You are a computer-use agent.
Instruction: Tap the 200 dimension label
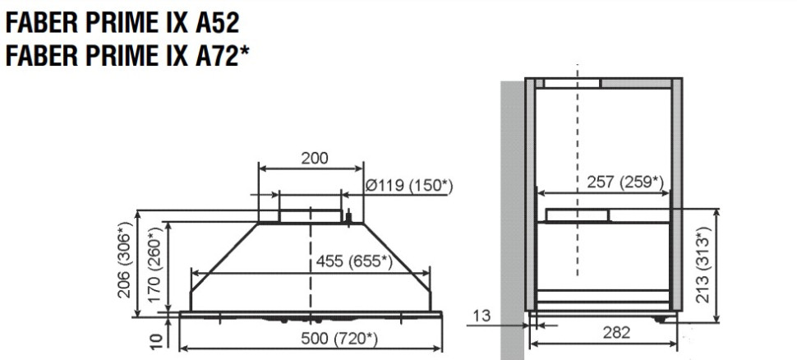coord(311,158)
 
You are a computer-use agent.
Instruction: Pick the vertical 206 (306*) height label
coord(126,261)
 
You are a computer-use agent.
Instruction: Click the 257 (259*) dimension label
coord(624,182)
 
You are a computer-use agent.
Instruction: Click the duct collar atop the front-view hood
coord(310,215)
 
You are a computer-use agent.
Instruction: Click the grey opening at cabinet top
coord(572,82)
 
